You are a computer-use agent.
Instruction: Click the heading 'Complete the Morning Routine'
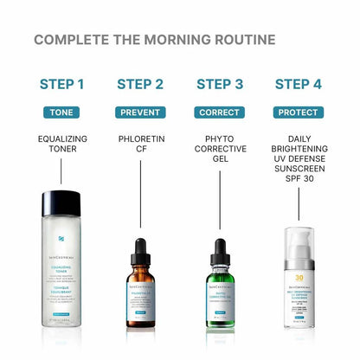click(x=154, y=40)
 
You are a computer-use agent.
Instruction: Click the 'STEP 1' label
click(x=62, y=84)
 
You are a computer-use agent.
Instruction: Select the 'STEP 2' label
click(x=139, y=84)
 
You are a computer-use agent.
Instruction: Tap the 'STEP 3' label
click(x=219, y=84)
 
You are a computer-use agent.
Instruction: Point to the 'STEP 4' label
click(x=298, y=84)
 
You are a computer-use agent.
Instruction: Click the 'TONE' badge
click(x=62, y=112)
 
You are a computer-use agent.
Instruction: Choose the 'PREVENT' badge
click(x=139, y=112)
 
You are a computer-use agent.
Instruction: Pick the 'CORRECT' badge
click(x=219, y=112)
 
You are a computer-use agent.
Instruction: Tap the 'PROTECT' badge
click(x=298, y=112)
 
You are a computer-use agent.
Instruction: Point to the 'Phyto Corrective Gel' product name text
click(x=219, y=151)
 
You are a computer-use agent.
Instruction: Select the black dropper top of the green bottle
click(x=219, y=250)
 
